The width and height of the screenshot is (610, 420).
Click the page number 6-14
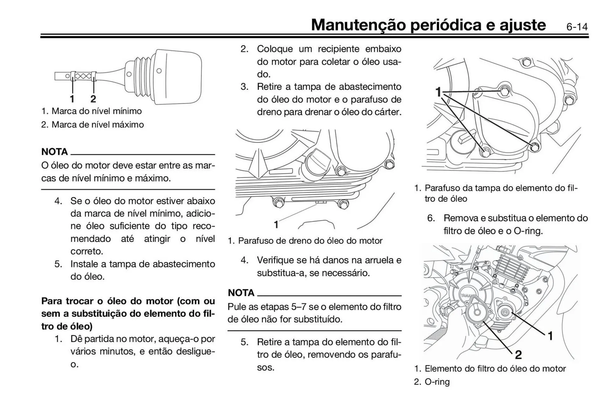pos(577,27)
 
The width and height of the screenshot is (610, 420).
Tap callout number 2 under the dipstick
pos(93,99)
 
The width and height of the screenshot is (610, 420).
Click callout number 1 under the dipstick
pos(72,99)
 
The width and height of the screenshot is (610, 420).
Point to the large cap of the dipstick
pos(180,76)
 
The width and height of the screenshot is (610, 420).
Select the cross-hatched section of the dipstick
pos(83,76)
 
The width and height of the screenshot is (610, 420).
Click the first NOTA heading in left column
pos(54,152)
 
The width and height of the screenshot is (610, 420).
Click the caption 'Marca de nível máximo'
pos(97,125)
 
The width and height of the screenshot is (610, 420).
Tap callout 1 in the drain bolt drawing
pos(276,225)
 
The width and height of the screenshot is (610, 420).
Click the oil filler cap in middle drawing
pos(318,164)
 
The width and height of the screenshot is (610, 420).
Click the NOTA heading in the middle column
pos(241,293)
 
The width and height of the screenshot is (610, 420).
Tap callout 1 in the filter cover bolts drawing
pos(438,92)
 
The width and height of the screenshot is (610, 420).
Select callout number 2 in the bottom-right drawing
pos(518,355)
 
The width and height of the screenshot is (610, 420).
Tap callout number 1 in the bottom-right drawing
pos(550,336)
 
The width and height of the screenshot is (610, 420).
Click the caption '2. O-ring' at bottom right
pos(432,382)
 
